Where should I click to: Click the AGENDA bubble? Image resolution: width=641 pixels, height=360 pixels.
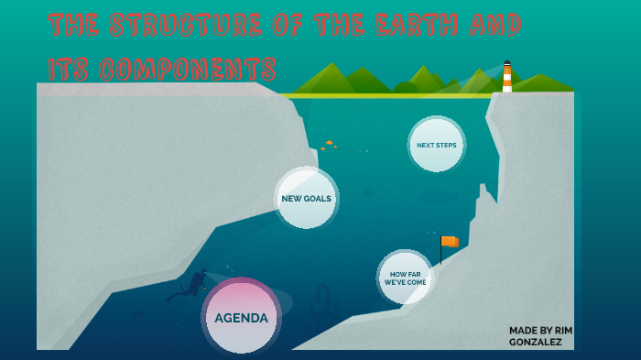point(241,318)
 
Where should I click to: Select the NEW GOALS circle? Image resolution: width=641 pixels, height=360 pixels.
point(306,198)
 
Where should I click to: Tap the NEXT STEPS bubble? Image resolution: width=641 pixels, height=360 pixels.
point(436,145)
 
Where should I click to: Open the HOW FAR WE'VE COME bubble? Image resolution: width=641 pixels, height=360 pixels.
point(404,278)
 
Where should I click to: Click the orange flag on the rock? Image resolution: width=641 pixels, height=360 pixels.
point(450,242)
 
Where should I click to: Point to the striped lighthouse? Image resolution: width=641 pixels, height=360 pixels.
point(506,79)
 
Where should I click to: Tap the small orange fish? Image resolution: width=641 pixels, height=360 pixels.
point(329,143)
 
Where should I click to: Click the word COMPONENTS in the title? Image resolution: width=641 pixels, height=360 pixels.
point(187,70)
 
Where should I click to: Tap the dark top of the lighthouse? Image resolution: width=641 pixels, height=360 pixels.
point(506,64)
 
